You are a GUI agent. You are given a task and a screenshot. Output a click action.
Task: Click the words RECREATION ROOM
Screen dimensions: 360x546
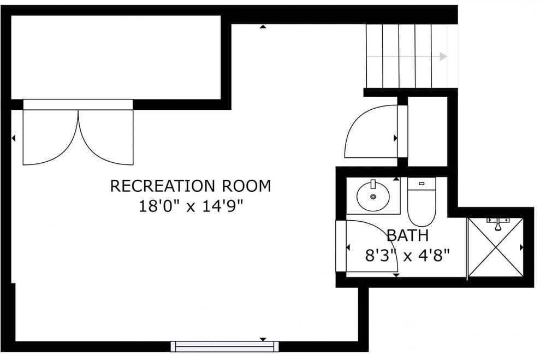(191, 186)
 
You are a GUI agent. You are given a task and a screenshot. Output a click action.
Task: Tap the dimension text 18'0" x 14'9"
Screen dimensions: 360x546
(191, 207)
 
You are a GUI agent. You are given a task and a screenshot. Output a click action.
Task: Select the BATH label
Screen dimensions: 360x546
(407, 236)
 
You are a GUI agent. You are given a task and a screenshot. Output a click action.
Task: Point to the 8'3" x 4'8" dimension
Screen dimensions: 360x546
(407, 255)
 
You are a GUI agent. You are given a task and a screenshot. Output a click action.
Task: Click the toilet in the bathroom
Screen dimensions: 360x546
(422, 208)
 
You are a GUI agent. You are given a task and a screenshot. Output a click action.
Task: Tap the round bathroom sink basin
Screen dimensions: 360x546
(373, 196)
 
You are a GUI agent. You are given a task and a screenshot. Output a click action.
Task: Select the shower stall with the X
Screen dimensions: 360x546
(496, 247)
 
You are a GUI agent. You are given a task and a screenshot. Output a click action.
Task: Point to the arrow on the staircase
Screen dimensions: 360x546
(443, 56)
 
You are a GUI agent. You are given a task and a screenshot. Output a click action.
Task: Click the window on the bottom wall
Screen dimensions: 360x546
(224, 346)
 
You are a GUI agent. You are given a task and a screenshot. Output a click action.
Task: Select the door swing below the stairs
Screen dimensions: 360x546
(369, 134)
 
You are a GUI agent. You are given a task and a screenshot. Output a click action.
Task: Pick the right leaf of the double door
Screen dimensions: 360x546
(106, 137)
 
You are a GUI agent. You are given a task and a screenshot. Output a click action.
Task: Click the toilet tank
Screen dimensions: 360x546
(422, 184)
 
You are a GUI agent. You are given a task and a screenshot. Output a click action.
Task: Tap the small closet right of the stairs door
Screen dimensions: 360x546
(428, 131)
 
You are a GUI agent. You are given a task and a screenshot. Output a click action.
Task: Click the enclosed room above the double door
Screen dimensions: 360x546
(116, 57)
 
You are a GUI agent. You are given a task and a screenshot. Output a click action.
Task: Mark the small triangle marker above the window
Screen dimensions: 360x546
(263, 339)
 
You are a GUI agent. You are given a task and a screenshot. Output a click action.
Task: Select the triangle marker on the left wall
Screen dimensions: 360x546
(14, 139)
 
